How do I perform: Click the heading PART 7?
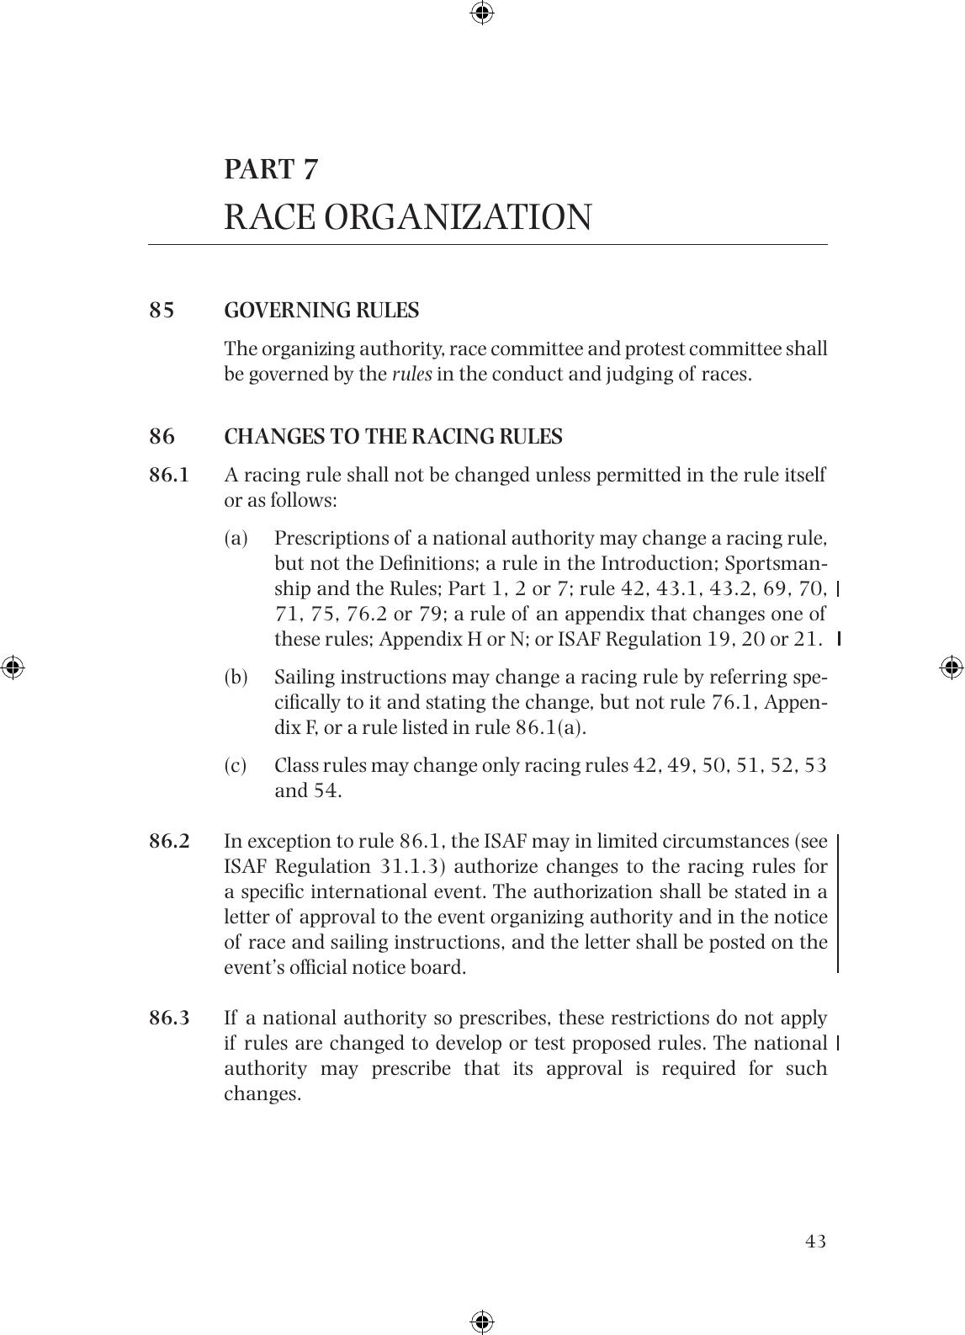[271, 169]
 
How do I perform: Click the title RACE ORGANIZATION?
[407, 217]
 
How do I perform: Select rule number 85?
[162, 311]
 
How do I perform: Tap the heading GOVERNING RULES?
[321, 311]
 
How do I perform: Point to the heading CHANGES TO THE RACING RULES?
[393, 437]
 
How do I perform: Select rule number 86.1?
[169, 476]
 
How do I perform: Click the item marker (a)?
[236, 539]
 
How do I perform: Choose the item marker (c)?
[236, 766]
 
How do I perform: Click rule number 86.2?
[169, 842]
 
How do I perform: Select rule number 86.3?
[169, 1019]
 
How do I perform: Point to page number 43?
[815, 1242]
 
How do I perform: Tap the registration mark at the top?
[482, 13]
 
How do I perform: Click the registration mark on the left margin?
[12, 667]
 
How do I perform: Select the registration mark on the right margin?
[951, 667]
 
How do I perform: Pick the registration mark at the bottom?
[482, 1321]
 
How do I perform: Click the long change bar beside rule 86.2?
[837, 903]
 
